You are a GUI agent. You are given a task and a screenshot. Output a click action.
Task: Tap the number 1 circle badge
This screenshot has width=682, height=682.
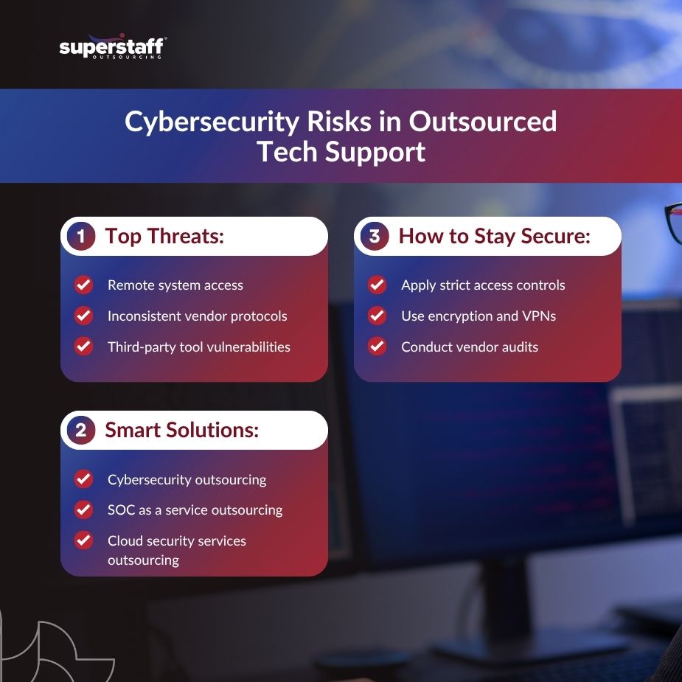[81, 237]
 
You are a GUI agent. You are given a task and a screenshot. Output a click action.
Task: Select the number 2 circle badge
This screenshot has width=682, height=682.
[81, 431]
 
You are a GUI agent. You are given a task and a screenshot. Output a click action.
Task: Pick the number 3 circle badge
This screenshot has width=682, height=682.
[375, 237]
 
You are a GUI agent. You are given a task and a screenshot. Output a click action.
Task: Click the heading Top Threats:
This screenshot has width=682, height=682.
[164, 237]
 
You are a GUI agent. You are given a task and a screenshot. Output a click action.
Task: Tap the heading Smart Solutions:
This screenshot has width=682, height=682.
[181, 431]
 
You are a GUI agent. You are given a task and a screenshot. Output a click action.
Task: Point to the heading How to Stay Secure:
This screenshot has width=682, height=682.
[494, 237]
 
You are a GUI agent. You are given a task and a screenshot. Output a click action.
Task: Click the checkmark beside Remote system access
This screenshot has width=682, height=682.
[84, 285]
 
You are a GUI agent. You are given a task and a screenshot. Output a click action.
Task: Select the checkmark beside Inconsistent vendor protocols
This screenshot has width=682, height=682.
[84, 316]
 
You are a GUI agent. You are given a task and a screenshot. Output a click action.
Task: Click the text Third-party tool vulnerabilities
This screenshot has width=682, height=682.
[198, 347]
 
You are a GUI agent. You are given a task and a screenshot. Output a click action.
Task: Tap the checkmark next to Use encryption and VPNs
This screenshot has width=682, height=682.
[377, 316]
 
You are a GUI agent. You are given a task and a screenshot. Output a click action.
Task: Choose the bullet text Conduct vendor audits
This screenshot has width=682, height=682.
[469, 347]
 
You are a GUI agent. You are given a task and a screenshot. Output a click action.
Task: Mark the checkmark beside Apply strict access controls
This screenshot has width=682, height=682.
[377, 285]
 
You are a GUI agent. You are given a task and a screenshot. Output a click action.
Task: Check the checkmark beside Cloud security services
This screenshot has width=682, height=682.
[84, 540]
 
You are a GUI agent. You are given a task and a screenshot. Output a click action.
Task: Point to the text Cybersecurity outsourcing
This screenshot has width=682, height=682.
[187, 479]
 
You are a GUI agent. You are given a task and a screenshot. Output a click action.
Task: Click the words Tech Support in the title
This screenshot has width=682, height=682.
[341, 152]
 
